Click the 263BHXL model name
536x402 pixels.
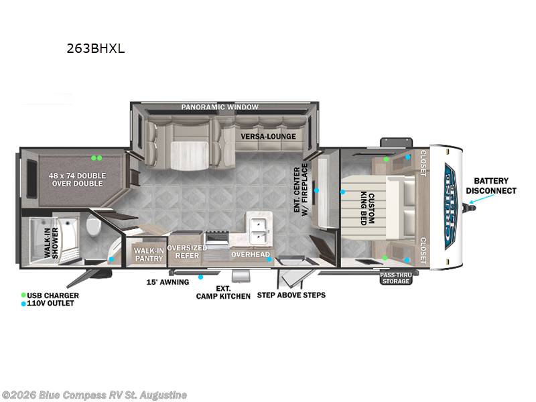(x=96, y=48)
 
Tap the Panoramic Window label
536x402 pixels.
(x=220, y=107)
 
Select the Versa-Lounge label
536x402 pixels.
(x=269, y=137)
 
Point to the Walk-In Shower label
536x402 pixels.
(x=51, y=243)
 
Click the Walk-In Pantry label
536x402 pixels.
(x=149, y=255)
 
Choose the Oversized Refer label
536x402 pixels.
(x=187, y=252)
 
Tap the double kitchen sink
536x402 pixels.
(x=259, y=230)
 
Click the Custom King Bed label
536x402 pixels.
(x=367, y=208)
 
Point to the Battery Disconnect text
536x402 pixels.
(x=491, y=186)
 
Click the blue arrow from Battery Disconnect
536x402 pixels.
(x=481, y=199)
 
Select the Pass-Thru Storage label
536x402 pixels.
(x=396, y=278)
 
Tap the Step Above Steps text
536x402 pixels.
(x=291, y=295)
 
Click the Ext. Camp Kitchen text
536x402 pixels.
(x=223, y=293)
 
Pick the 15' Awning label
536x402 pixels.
(x=168, y=282)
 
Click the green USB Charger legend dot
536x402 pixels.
(x=23, y=295)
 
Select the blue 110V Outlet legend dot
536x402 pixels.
(x=23, y=304)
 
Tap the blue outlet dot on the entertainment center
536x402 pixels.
(x=316, y=190)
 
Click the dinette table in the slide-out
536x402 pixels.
(x=190, y=156)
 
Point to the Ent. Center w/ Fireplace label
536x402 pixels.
(x=301, y=190)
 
